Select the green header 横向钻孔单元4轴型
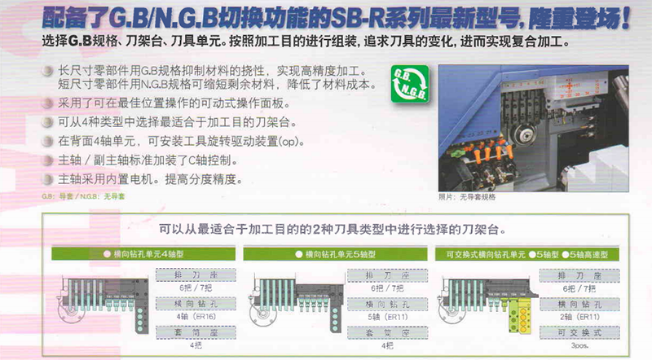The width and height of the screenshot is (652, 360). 142,254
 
